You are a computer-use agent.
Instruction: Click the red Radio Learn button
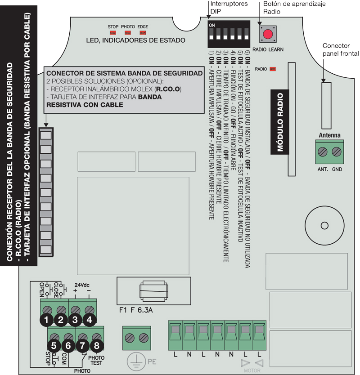268,34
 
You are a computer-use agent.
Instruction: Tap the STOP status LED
113,33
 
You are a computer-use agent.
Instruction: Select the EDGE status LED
143,33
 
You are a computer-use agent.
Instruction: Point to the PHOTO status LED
128,33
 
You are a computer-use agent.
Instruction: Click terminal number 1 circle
45,320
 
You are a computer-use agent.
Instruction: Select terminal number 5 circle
54,346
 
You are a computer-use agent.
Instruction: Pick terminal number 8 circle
97,346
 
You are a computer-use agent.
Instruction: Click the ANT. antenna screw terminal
322,152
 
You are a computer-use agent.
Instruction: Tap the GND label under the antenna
337,169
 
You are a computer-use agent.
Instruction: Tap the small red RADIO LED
273,69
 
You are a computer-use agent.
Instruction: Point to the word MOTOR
252,371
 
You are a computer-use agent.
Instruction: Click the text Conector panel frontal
341,49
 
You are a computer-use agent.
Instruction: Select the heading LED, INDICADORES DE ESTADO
135,40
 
